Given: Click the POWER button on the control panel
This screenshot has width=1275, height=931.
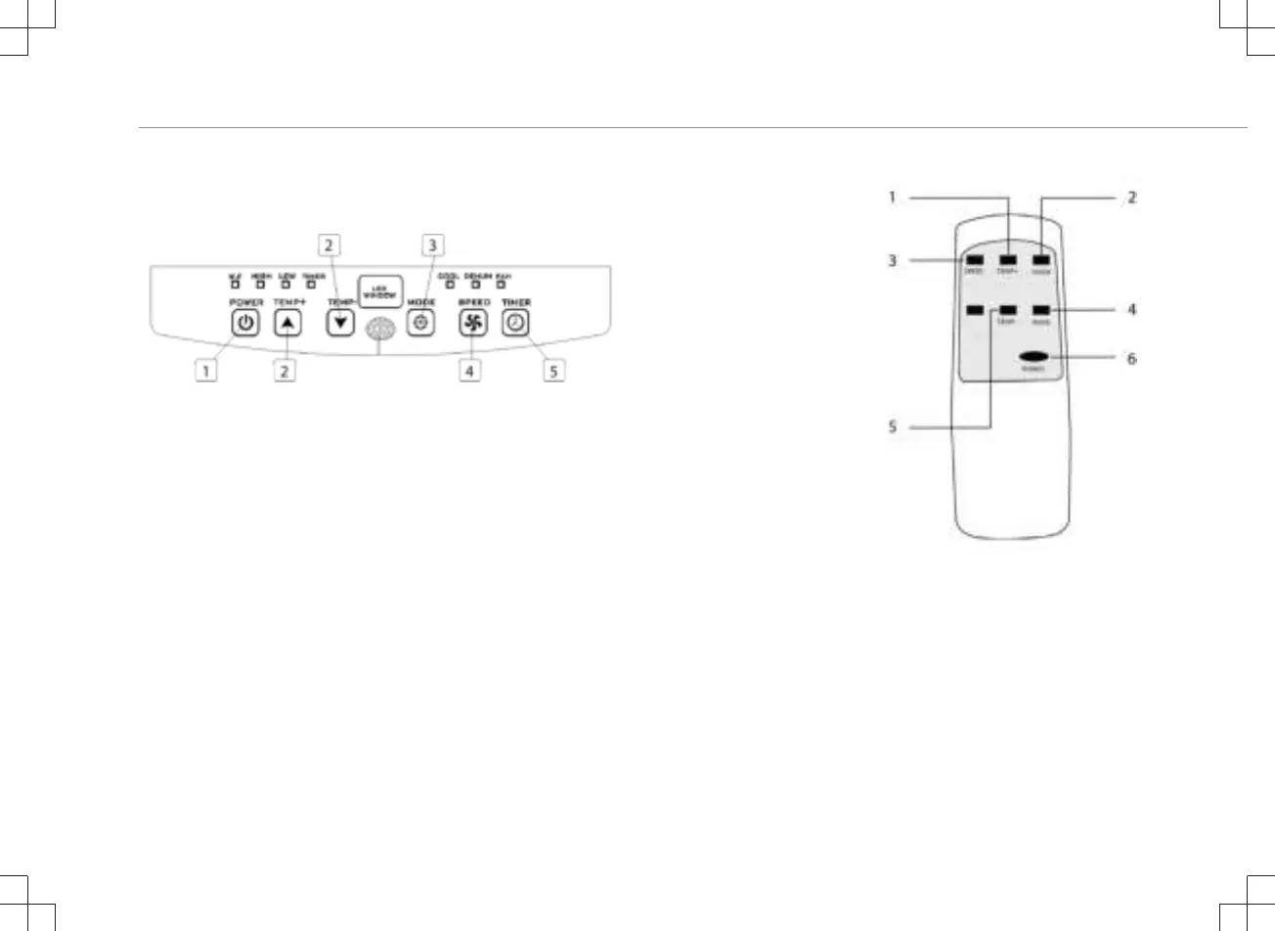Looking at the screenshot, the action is click(x=246, y=324).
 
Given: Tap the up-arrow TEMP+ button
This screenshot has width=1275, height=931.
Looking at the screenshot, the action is click(x=286, y=324).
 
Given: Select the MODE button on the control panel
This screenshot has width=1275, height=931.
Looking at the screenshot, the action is click(x=420, y=324).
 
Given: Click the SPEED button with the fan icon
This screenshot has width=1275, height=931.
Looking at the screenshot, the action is click(x=473, y=324).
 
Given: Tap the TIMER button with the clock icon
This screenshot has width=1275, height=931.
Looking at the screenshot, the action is click(x=515, y=324).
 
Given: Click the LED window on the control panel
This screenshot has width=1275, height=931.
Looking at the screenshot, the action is click(x=380, y=291).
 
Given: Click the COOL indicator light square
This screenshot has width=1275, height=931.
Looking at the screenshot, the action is click(x=450, y=285).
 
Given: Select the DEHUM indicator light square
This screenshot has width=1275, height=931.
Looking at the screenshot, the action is click(x=476, y=285).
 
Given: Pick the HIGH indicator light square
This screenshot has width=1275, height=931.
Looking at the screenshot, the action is click(x=260, y=285).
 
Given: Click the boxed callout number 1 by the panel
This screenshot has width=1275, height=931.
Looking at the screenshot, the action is click(x=205, y=371).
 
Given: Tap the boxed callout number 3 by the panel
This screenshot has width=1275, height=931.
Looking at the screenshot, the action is click(x=432, y=244).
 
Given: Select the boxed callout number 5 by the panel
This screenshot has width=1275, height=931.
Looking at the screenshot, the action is click(x=554, y=371).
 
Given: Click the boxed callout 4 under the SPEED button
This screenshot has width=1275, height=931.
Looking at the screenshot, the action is click(x=470, y=371).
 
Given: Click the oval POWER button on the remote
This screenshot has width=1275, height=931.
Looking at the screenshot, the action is click(x=1033, y=357).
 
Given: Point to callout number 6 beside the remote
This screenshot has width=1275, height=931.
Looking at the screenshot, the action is click(x=1132, y=358).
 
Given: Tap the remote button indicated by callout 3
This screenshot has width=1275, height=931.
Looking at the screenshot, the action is click(x=975, y=260).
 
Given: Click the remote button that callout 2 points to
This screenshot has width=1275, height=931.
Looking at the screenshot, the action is click(x=1040, y=260).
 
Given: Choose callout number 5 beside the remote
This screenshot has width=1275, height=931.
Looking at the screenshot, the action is click(x=892, y=426).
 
